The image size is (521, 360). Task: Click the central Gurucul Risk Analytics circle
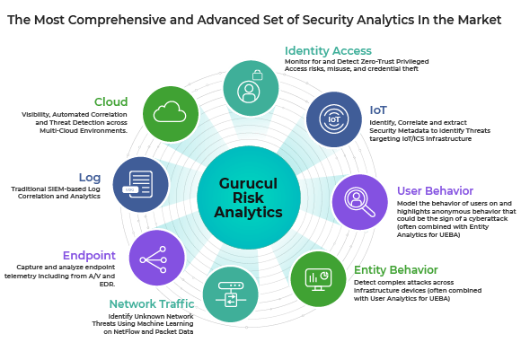[x=249, y=198]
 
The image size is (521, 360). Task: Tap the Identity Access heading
[x=328, y=51]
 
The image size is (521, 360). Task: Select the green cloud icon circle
[x=171, y=114]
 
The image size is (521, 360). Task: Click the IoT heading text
[x=378, y=110]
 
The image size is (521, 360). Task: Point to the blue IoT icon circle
[x=334, y=119]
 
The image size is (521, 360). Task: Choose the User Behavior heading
[x=435, y=191]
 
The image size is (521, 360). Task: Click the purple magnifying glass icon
[x=360, y=202]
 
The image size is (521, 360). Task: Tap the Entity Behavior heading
[x=396, y=270]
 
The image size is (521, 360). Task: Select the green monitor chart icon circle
[x=318, y=278]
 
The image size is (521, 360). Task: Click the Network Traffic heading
[x=152, y=303]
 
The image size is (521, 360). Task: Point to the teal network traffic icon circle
[x=231, y=294]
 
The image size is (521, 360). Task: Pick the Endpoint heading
[x=89, y=255]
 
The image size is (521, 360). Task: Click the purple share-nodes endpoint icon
[x=157, y=258]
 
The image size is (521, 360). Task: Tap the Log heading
[x=90, y=178]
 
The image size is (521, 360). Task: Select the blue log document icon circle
[x=140, y=184]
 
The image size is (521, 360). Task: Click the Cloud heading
[x=110, y=101]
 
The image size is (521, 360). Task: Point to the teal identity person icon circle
[x=251, y=88]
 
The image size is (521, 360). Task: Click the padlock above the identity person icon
[x=258, y=75]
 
